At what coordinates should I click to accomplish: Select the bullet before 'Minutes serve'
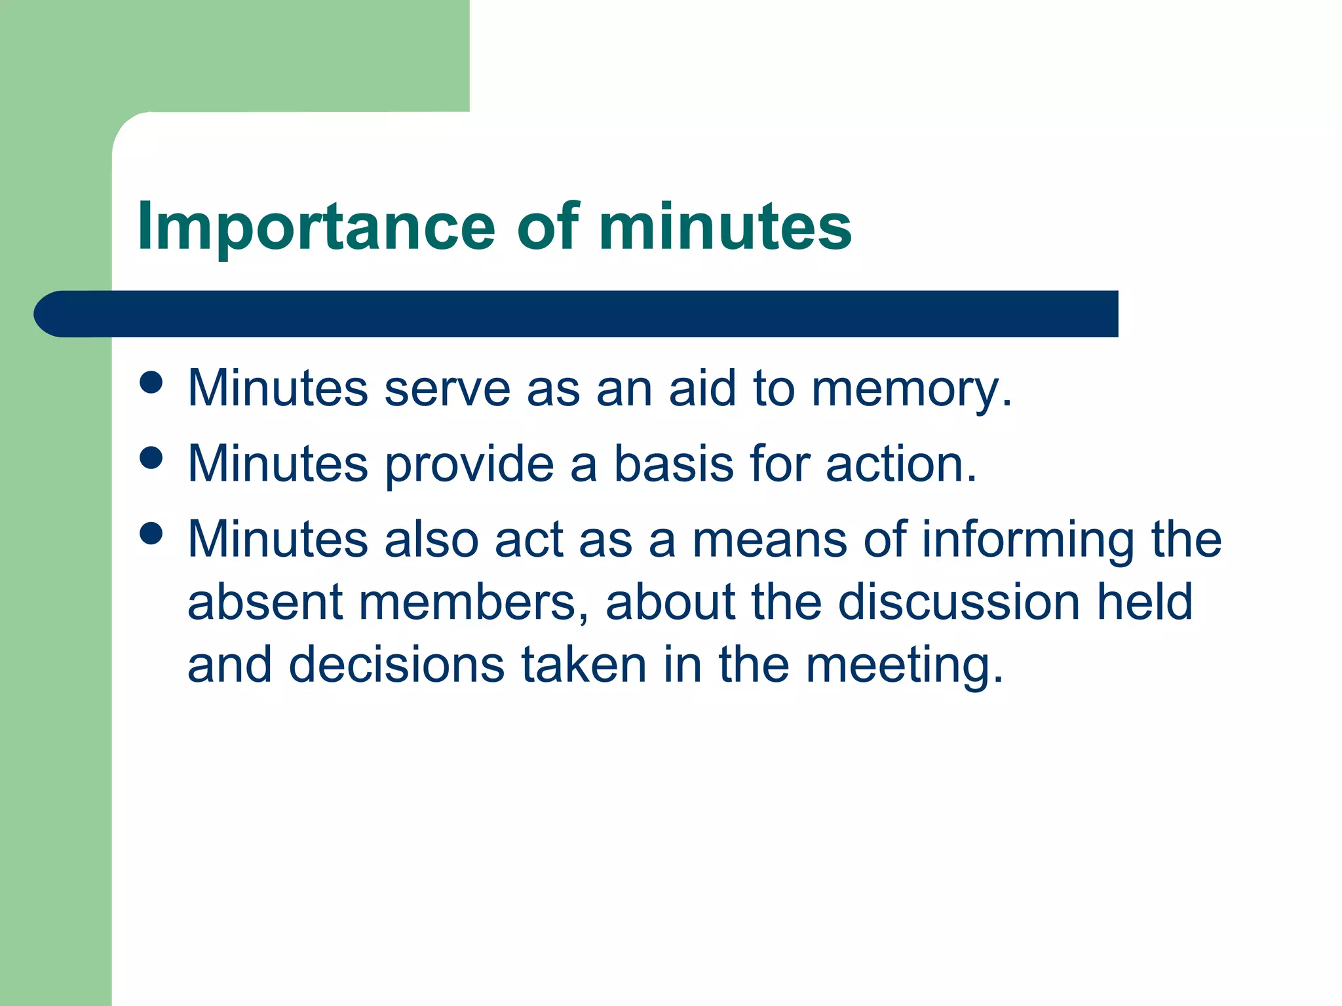[x=151, y=382]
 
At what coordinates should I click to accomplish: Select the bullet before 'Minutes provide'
[x=151, y=458]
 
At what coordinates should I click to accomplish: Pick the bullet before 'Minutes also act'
[x=151, y=533]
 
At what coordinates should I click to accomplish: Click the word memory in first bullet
[x=911, y=389]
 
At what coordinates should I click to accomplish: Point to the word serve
[x=447, y=389]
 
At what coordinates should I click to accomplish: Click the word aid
[x=702, y=389]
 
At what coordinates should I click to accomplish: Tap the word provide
[x=469, y=464]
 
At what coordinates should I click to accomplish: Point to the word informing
[x=1028, y=540]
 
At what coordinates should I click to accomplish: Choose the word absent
[x=265, y=603]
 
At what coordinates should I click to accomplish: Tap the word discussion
[x=959, y=603]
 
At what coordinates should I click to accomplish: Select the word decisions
[x=396, y=665]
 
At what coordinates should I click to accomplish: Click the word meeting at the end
[x=904, y=665]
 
